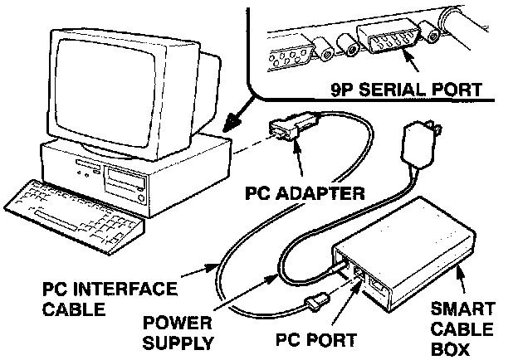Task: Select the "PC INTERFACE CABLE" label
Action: click(110, 299)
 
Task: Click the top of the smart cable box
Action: click(407, 228)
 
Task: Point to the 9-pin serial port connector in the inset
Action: click(388, 39)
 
